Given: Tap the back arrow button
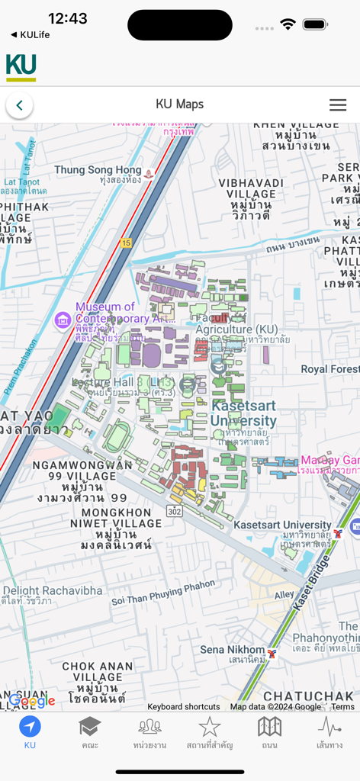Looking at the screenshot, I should point(19,105).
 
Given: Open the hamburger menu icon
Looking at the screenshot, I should point(338,105).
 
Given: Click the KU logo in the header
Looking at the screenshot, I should point(21,67).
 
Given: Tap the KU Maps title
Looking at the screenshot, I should point(179,104).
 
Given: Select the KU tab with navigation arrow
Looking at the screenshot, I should point(30,731).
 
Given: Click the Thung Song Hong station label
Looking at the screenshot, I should point(98,170).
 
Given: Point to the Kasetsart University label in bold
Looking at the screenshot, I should point(244,413).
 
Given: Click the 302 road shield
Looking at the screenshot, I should point(175,509).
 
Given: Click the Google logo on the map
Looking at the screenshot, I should point(32,701).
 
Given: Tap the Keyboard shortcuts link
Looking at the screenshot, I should point(183,707).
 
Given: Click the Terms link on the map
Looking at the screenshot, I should point(342,707).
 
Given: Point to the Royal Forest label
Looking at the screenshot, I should point(329,369).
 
